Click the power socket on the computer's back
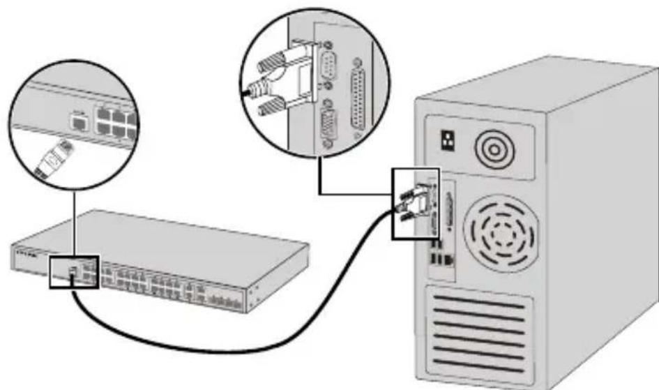pyautogui.click(x=443, y=142)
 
